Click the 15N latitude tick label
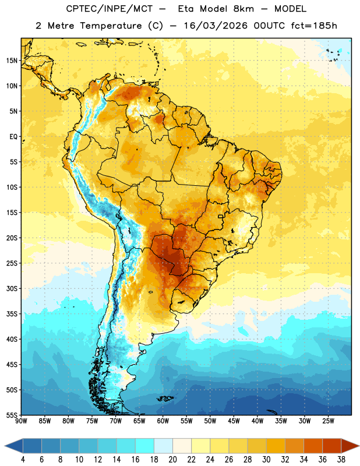coord(12,61)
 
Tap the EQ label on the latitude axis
coord(13,137)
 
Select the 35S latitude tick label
coord(12,314)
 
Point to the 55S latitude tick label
coord(12,415)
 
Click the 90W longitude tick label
coord(21,421)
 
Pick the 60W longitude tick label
coord(163,421)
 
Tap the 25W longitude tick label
coord(328,421)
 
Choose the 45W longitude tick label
coord(234,421)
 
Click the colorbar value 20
coord(172,460)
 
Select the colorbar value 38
coord(341,460)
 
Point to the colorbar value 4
coord(23,460)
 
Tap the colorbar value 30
coord(266,460)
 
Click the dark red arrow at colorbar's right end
coord(350,446)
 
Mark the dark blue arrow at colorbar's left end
coord(14,446)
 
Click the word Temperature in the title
coord(111,26)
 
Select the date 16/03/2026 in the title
coord(216,26)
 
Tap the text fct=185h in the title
coord(314,26)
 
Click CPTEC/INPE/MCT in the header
coord(110,9)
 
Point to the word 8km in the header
coord(243,9)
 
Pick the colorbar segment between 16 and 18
coord(144,446)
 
